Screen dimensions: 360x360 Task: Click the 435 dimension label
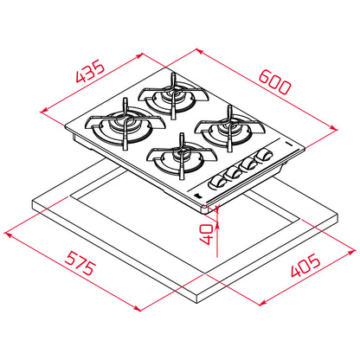[x=90, y=71]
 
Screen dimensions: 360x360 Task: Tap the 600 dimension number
[x=274, y=82]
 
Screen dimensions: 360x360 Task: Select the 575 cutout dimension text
[x=80, y=263]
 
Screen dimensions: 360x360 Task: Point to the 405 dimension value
[x=305, y=265]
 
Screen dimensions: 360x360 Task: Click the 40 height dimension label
[x=207, y=235]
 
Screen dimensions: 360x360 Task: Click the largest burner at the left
[x=125, y=125]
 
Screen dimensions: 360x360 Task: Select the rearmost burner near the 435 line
[x=173, y=96]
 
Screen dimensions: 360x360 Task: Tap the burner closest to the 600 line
[x=230, y=129]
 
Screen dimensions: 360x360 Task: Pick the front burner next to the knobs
[x=182, y=157]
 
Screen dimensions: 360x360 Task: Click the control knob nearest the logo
[x=217, y=183]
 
